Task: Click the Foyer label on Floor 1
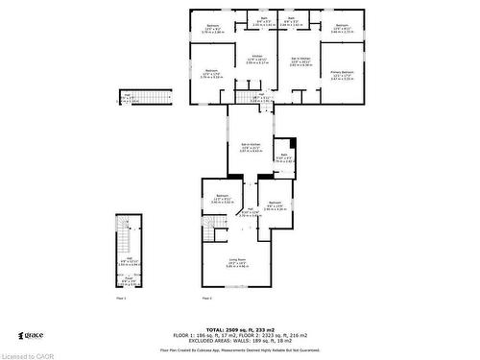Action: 127,281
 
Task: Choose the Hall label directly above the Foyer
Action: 127,261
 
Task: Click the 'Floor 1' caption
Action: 121,299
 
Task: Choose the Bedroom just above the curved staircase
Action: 222,198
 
